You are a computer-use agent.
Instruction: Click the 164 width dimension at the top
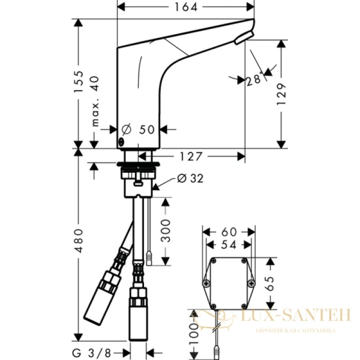tap(184, 8)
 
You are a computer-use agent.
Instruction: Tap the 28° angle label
tap(252, 81)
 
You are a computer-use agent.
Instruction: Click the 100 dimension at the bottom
tap(193, 336)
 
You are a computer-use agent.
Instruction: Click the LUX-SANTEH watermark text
tap(295, 314)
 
